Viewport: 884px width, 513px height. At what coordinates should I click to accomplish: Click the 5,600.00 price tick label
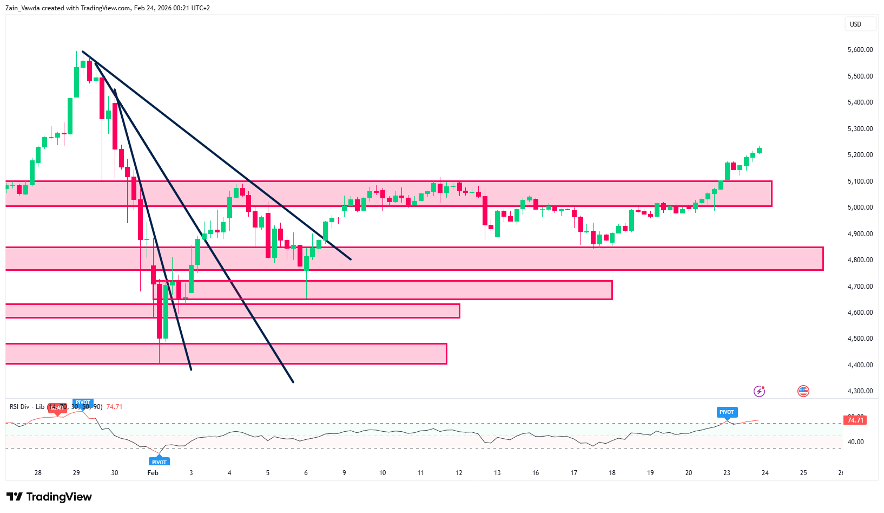pyautogui.click(x=860, y=50)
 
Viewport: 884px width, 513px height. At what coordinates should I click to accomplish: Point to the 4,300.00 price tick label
pyautogui.click(x=860, y=391)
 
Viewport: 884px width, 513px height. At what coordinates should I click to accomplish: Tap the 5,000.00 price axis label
pyautogui.click(x=860, y=207)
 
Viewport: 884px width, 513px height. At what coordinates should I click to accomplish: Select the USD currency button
pyautogui.click(x=855, y=24)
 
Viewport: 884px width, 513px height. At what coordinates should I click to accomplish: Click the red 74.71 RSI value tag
pyautogui.click(x=855, y=420)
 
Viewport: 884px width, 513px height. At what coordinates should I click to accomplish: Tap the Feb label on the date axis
pyautogui.click(x=153, y=473)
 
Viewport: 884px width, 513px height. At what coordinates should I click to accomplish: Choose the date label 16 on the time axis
pyautogui.click(x=536, y=473)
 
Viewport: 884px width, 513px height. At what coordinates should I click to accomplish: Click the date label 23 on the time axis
pyautogui.click(x=727, y=473)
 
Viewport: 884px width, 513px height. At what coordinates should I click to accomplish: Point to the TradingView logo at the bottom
pyautogui.click(x=49, y=497)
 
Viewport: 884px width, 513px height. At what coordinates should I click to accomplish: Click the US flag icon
pyautogui.click(x=803, y=391)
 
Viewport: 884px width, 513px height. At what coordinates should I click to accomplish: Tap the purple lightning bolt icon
pyautogui.click(x=760, y=391)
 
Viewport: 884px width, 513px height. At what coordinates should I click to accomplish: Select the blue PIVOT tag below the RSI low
pyautogui.click(x=159, y=462)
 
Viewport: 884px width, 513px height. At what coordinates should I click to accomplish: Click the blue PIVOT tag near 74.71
pyautogui.click(x=727, y=412)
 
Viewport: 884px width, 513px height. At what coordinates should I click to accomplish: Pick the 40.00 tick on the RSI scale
pyautogui.click(x=855, y=442)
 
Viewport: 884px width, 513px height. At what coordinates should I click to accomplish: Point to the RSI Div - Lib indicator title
pyautogui.click(x=27, y=407)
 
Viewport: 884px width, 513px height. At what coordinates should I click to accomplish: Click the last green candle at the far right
pyautogui.click(x=760, y=150)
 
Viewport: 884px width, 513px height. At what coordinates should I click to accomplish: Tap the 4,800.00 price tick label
pyautogui.click(x=860, y=260)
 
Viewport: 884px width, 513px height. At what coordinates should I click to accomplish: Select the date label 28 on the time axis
pyautogui.click(x=38, y=473)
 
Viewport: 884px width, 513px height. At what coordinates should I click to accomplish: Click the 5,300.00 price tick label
pyautogui.click(x=860, y=129)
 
